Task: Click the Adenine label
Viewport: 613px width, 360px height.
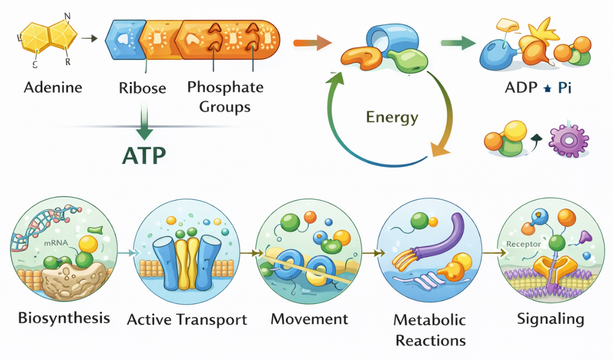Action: click(53, 87)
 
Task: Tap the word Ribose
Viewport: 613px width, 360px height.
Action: click(142, 88)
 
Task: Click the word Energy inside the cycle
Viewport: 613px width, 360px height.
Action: click(392, 117)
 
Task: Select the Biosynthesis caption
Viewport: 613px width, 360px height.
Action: click(64, 317)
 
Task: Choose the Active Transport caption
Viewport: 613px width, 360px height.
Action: click(187, 319)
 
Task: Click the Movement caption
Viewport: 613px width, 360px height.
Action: click(309, 319)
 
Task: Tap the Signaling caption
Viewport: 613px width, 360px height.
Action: click(551, 319)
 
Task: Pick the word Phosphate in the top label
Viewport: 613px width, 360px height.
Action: click(225, 87)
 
